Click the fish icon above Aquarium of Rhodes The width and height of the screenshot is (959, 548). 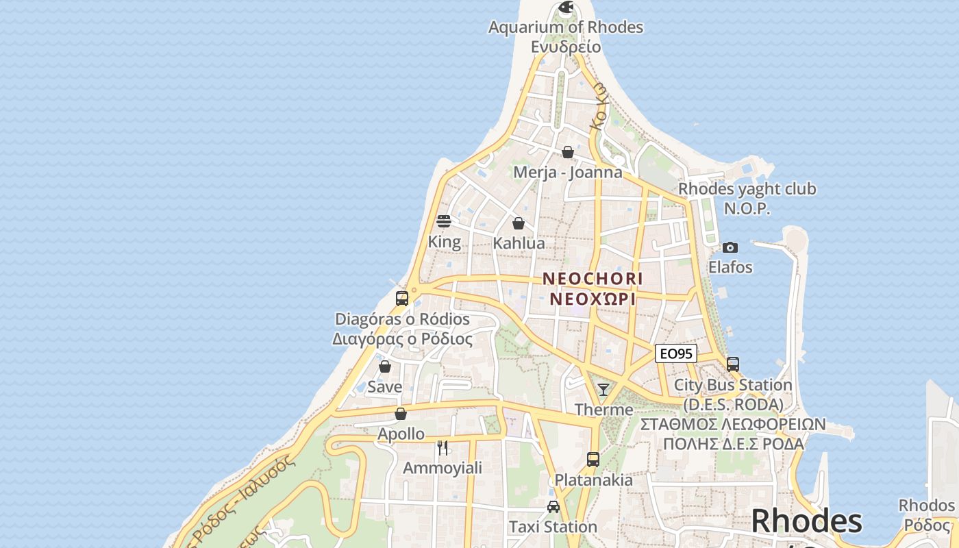[x=566, y=8]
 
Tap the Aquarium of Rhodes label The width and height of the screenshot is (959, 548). [x=566, y=27]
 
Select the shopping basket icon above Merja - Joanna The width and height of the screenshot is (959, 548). [x=568, y=152]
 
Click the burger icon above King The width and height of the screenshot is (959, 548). [x=444, y=221]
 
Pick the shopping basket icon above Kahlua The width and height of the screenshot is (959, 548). [x=519, y=223]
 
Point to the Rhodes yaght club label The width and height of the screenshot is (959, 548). [x=747, y=189]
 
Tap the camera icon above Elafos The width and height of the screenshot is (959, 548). [x=730, y=247]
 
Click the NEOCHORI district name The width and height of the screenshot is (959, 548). [x=593, y=279]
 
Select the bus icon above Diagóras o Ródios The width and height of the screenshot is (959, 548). [x=402, y=299]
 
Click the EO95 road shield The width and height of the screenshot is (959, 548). [x=676, y=353]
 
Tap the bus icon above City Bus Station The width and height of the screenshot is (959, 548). [x=733, y=364]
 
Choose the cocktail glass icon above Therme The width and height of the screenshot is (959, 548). [x=603, y=390]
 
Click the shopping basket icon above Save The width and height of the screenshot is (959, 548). [x=385, y=366]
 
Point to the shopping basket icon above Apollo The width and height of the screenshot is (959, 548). [x=401, y=414]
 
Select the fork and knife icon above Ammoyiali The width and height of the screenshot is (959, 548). [x=443, y=448]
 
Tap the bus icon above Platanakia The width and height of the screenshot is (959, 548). [x=593, y=460]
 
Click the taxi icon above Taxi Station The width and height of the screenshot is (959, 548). [x=553, y=507]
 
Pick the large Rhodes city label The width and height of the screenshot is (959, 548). [x=806, y=522]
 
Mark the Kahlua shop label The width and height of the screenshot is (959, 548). [x=519, y=243]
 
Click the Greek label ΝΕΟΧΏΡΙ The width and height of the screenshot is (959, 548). [x=593, y=299]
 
